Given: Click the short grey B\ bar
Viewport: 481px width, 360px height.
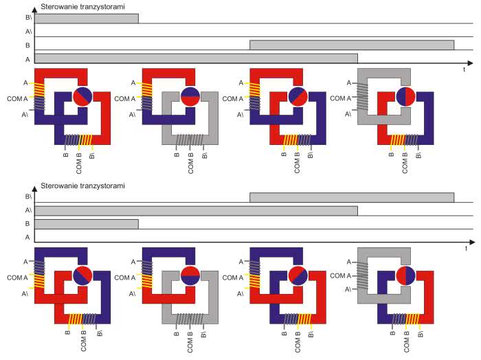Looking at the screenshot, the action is pyautogui.click(x=87, y=19).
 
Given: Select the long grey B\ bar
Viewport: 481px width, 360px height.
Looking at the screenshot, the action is pyautogui.click(x=352, y=197).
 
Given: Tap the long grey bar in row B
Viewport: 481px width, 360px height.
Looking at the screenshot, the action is pyautogui.click(x=352, y=45).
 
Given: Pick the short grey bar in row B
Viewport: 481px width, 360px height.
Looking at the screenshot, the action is pyautogui.click(x=87, y=224).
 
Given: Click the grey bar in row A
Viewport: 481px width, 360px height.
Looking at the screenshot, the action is pyautogui.click(x=196, y=58).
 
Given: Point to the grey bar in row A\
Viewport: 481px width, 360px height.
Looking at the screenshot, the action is pyautogui.click(x=196, y=211).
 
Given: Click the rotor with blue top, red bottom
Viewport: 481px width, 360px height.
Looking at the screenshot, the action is pyautogui.click(x=190, y=97).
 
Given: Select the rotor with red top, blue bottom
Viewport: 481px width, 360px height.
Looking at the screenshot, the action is pyautogui.click(x=190, y=275).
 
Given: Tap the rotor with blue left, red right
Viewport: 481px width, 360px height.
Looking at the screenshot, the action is pyautogui.click(x=405, y=97).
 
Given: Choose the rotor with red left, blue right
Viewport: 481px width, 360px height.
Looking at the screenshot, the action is pyautogui.click(x=405, y=275).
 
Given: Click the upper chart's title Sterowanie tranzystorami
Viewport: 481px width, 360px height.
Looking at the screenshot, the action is pyautogui.click(x=83, y=7).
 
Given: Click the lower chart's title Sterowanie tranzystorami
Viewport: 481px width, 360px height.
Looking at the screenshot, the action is pyautogui.click(x=83, y=185).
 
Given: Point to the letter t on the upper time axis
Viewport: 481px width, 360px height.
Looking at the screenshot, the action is pyautogui.click(x=464, y=69).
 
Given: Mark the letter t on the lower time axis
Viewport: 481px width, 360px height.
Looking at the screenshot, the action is pyautogui.click(x=466, y=249).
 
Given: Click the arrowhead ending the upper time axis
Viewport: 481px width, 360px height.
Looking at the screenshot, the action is pyautogui.click(x=469, y=63).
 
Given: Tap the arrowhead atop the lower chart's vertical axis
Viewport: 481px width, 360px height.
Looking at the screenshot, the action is pyautogui.click(x=34, y=188).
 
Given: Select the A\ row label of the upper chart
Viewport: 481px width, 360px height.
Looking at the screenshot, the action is pyautogui.click(x=29, y=32).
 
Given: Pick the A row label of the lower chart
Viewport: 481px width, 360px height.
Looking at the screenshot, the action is pyautogui.click(x=27, y=237).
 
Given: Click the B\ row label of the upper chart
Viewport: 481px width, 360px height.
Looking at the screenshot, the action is pyautogui.click(x=29, y=18).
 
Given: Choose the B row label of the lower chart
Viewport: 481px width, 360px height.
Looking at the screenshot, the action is pyautogui.click(x=27, y=224).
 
